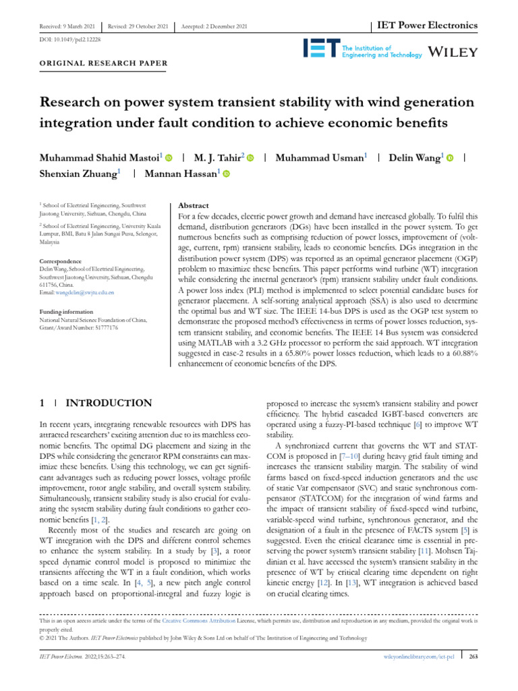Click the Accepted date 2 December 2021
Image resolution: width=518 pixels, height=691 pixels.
(x=213, y=26)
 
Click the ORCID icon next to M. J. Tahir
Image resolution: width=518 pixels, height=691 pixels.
(x=250, y=158)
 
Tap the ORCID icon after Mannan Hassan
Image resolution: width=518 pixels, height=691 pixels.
(x=226, y=174)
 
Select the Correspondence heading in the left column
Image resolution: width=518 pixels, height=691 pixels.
(x=61, y=261)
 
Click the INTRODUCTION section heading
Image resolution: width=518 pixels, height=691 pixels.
(x=108, y=404)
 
